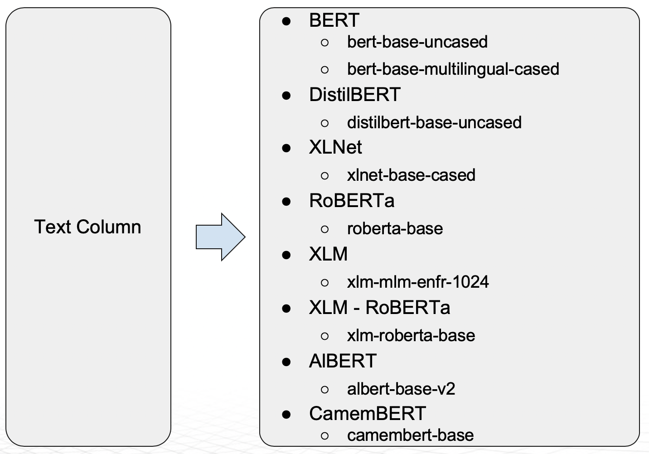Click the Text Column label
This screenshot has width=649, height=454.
coord(87,227)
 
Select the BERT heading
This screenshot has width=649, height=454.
coord(334,20)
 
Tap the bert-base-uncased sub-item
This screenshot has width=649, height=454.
coord(417,42)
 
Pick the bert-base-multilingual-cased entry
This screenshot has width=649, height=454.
coord(453,69)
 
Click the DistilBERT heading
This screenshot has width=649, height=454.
coord(354,95)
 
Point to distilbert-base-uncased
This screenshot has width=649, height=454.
coord(434,123)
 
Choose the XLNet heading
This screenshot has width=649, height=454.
coord(335,147)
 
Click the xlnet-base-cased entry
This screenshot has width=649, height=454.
coord(411,175)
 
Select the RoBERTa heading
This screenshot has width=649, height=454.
coord(352,201)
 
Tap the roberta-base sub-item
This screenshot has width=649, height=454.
coord(395,229)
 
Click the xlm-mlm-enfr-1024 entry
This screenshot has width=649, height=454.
coord(418,282)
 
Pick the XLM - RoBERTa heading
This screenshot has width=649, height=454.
coord(379,308)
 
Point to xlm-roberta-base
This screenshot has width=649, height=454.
coord(411,336)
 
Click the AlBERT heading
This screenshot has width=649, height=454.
coord(343,361)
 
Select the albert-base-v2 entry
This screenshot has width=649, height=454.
coord(401,389)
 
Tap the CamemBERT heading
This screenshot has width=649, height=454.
coord(368,414)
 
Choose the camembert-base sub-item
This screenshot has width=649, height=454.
coord(410,435)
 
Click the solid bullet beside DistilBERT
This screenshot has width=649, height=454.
coord(286,95)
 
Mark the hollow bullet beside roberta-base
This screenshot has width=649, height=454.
coord(324,229)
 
